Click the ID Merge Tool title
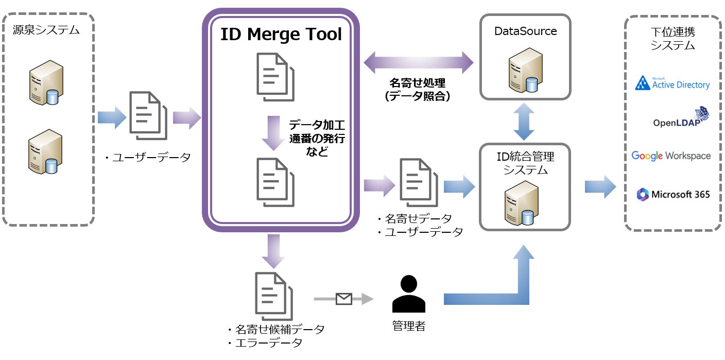coord(281,35)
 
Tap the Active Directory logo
coord(672,83)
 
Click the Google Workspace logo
coord(671,156)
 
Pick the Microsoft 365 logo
coord(673,194)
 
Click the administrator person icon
coord(409,294)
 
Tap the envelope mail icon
coord(343,299)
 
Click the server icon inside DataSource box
coord(526,69)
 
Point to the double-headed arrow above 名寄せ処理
coord(418,63)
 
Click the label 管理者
coord(409,326)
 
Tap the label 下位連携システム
coord(672,39)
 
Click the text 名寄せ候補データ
coord(279,329)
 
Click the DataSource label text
coord(525,31)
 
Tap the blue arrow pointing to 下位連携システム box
coord(600,186)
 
